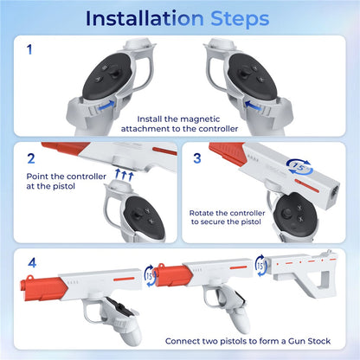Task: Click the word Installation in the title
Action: click(145, 18)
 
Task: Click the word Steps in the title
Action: click(240, 20)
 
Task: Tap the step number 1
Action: click(29, 49)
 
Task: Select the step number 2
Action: click(31, 158)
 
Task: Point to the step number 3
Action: click(197, 158)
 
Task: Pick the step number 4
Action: click(32, 263)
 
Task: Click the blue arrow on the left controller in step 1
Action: click(106, 106)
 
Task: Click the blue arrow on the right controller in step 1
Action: click(253, 106)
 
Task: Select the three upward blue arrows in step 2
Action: click(124, 175)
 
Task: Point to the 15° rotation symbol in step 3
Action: click(300, 167)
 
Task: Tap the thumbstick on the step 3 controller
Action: click(287, 214)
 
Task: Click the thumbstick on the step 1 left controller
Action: click(114, 72)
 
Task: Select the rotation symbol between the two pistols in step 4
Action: click(149, 276)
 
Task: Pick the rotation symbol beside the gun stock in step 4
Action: click(260, 266)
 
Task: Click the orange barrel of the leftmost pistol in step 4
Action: click(44, 288)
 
